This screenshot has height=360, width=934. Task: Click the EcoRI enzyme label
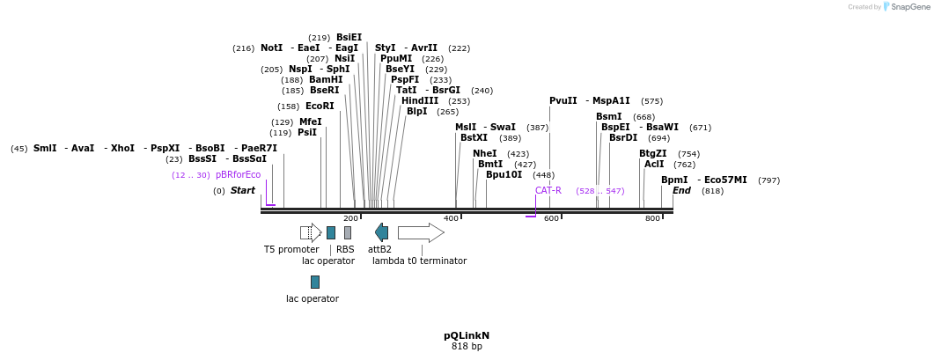click(x=320, y=107)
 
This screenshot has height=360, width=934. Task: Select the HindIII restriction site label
click(x=420, y=100)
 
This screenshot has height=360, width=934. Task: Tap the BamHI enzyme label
click(x=326, y=79)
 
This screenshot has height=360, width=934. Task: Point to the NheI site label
click(x=485, y=153)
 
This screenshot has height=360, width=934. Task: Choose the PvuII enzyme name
click(x=563, y=101)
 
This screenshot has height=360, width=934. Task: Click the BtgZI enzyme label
click(x=652, y=153)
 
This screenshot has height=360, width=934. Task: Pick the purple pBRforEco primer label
click(x=238, y=175)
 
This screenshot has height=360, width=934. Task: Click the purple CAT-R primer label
click(x=548, y=190)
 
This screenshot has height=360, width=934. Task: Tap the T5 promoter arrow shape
click(x=311, y=232)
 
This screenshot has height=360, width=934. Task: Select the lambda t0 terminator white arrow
click(x=421, y=232)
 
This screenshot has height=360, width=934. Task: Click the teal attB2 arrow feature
click(x=381, y=232)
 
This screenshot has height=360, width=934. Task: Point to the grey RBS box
click(x=348, y=232)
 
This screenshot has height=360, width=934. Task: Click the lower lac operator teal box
click(x=314, y=282)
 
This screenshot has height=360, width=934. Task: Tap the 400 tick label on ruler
click(x=451, y=218)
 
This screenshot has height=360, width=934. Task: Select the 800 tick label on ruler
click(x=651, y=218)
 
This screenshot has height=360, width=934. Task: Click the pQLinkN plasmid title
click(x=467, y=335)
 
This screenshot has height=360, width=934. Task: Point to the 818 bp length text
click(x=467, y=347)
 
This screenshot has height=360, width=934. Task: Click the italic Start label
click(x=243, y=191)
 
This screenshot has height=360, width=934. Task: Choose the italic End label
click(x=681, y=191)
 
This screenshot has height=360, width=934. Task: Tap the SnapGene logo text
click(x=908, y=7)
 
